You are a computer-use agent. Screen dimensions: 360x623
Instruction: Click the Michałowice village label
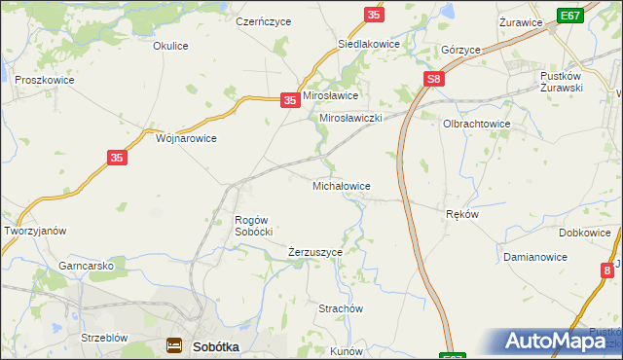pos(341,185)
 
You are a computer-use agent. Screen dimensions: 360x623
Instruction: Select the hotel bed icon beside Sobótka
pos(174,344)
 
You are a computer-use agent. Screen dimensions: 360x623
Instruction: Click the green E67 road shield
pos(570,16)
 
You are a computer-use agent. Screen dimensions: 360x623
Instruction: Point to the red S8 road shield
pos(434,80)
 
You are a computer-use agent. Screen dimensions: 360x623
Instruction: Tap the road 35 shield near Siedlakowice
pos(375,15)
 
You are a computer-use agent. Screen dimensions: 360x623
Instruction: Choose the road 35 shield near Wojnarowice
pos(115,158)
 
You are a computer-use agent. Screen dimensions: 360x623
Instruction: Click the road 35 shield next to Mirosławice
pos(289,99)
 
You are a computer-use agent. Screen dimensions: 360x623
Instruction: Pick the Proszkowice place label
pos(41,80)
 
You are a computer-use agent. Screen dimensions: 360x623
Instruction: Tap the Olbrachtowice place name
pos(477,125)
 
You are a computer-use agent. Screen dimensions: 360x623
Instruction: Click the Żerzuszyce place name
pos(315,252)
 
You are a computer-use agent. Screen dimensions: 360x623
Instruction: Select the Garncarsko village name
pos(87,266)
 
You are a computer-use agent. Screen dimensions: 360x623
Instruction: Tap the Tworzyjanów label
pos(35,231)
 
